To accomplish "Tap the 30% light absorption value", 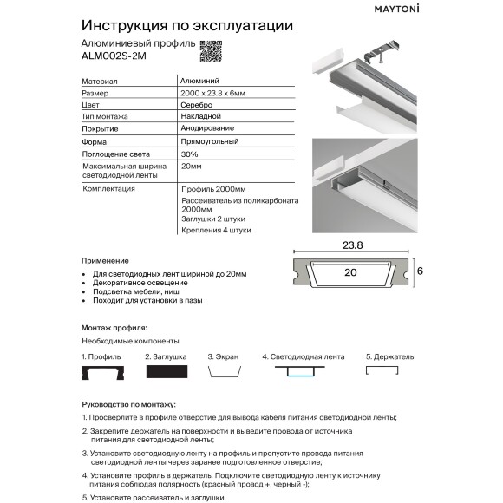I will click(x=190, y=153).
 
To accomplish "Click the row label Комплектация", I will click(x=108, y=187).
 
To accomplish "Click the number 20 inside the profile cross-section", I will click(x=349, y=271).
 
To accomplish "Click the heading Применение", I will click(x=105, y=260).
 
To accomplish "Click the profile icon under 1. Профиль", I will click(x=99, y=370).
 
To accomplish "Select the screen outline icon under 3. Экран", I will click(x=223, y=370).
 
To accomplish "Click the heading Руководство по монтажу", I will click(x=128, y=403).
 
